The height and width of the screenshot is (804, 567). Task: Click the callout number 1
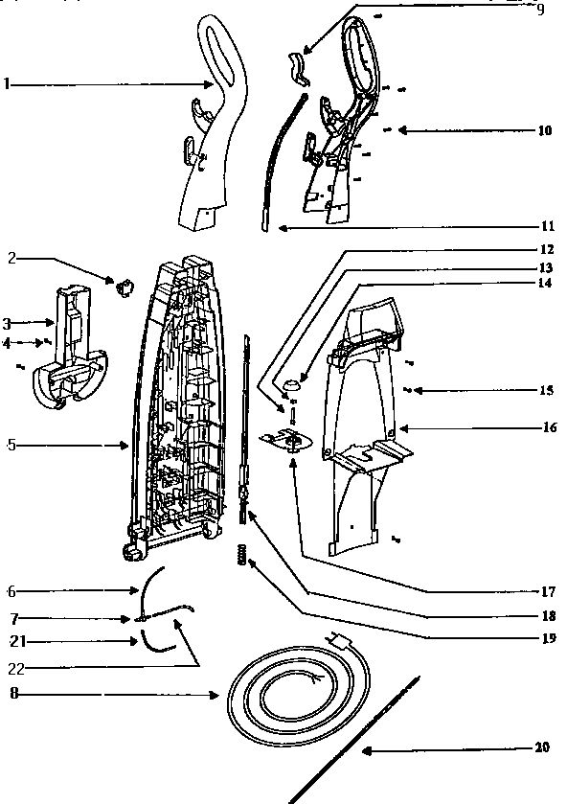coord(7,83)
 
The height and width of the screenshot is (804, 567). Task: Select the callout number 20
coord(542,747)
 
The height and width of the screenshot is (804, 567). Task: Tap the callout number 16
coord(549,427)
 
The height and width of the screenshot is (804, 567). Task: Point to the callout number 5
coord(11,445)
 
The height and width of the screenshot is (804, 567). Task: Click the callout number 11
coord(548,225)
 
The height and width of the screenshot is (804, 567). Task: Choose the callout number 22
coord(16,669)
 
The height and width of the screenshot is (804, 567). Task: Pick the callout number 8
coord(13,694)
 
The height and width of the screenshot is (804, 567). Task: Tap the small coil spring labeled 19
coord(242,554)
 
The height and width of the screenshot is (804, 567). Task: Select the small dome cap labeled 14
coord(292,383)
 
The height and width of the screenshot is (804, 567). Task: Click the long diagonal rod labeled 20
coord(354,740)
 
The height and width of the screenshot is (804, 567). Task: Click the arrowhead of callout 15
coord(417,391)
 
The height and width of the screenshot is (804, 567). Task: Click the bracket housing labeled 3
coord(71,348)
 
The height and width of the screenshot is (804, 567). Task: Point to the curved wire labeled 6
coord(146,588)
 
